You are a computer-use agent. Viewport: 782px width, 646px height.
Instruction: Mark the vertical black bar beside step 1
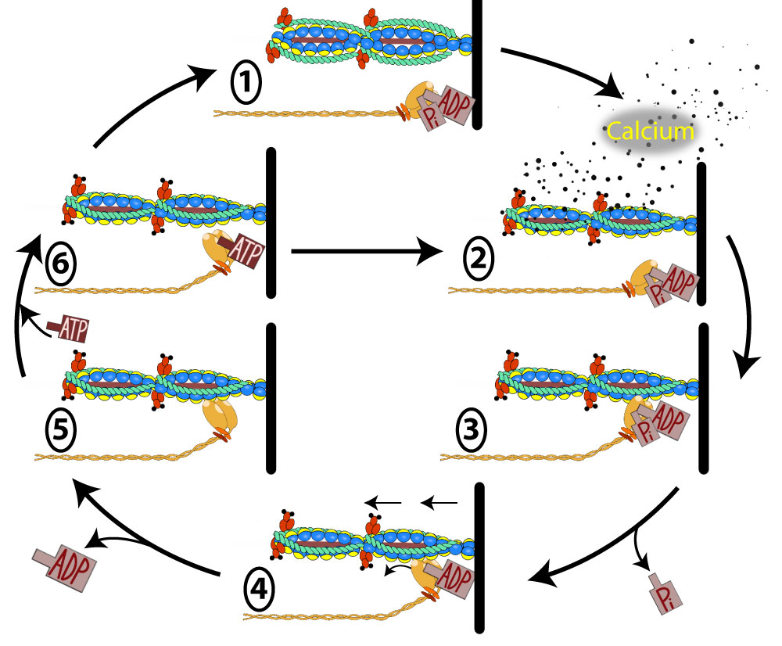[x=477, y=63]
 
